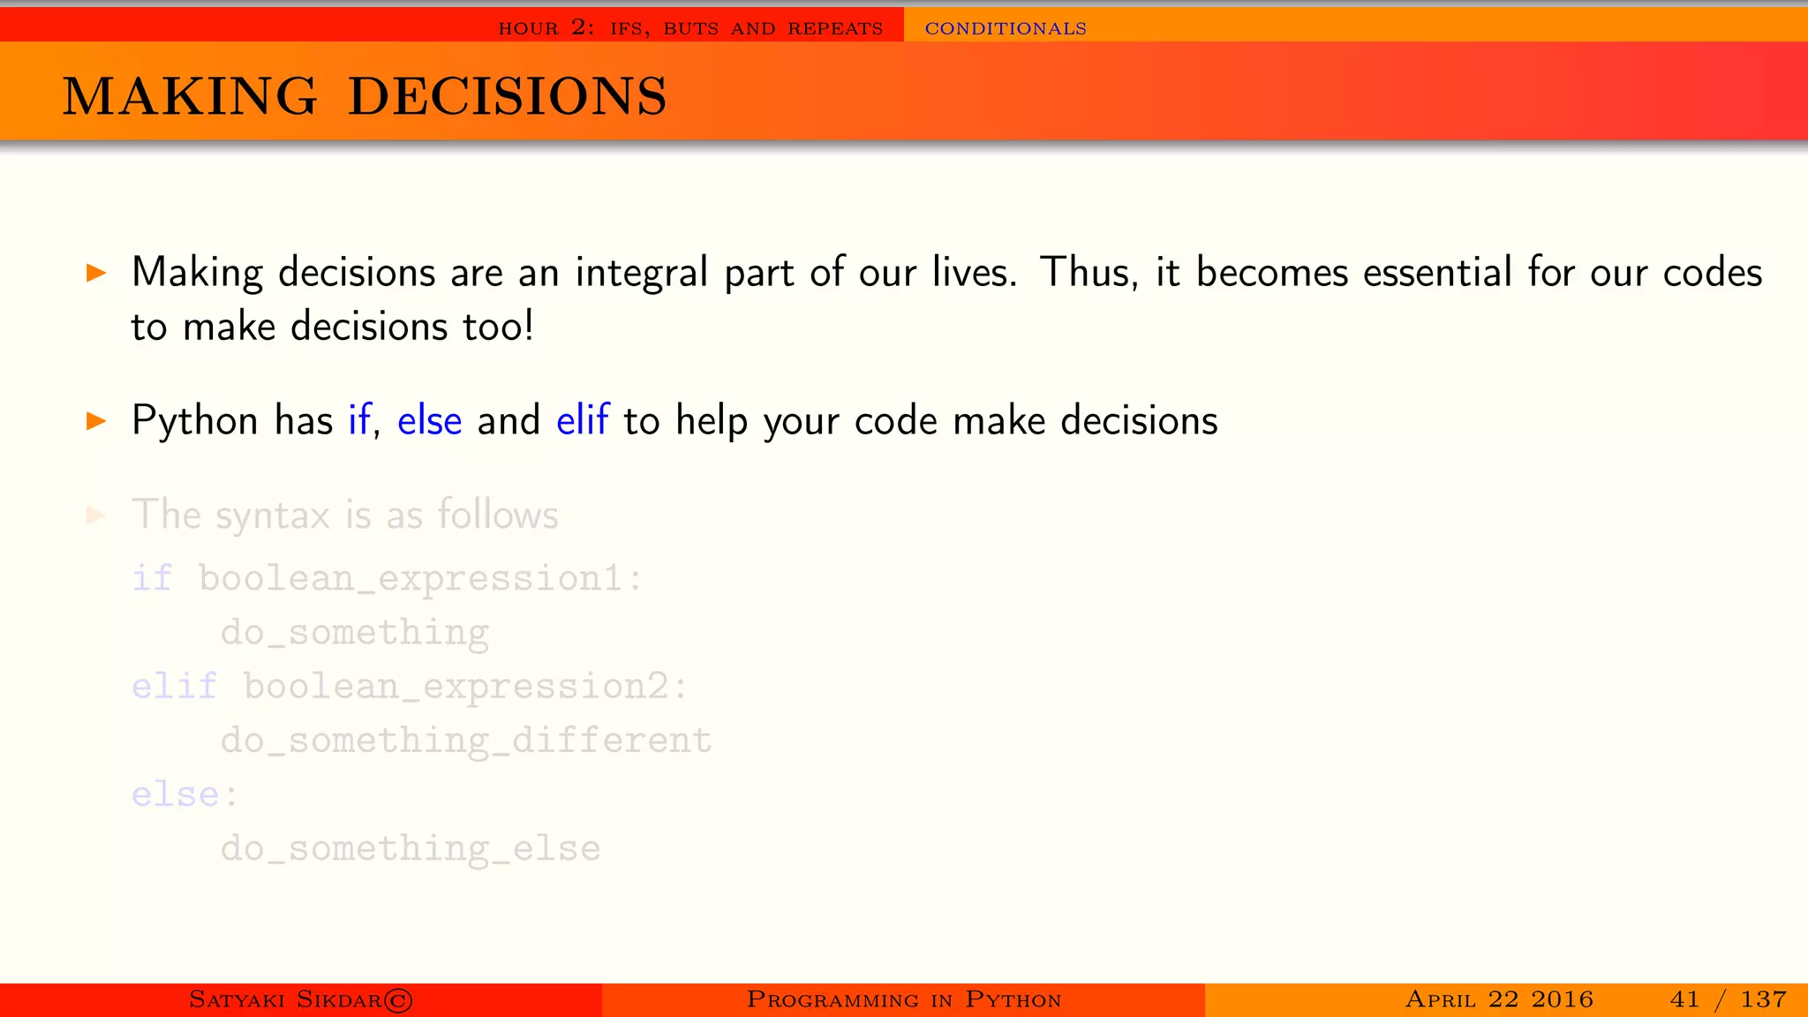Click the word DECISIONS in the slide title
pyautogui.click(x=508, y=96)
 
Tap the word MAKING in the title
pyautogui.click(x=190, y=96)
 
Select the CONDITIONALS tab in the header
pyautogui.click(x=1006, y=28)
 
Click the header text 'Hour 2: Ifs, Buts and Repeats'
pyautogui.click(x=690, y=28)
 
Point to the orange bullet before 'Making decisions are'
pyautogui.click(x=96, y=273)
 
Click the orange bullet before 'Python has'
pyautogui.click(x=96, y=421)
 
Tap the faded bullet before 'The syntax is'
pyautogui.click(x=96, y=516)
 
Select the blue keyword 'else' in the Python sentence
pyautogui.click(x=429, y=421)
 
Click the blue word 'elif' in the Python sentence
pyautogui.click(x=583, y=421)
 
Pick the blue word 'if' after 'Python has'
pyautogui.click(x=358, y=421)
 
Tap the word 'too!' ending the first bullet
pyautogui.click(x=499, y=327)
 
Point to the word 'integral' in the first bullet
pyautogui.click(x=642, y=273)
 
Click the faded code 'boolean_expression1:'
pyautogui.click(x=421, y=579)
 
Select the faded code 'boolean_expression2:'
pyautogui.click(x=465, y=687)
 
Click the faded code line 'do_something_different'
pyautogui.click(x=466, y=741)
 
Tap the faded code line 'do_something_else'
pyautogui.click(x=411, y=849)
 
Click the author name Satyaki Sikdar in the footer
pyautogui.click(x=300, y=999)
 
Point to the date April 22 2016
pyautogui.click(x=1499, y=999)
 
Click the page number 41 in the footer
pyautogui.click(x=1684, y=999)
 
